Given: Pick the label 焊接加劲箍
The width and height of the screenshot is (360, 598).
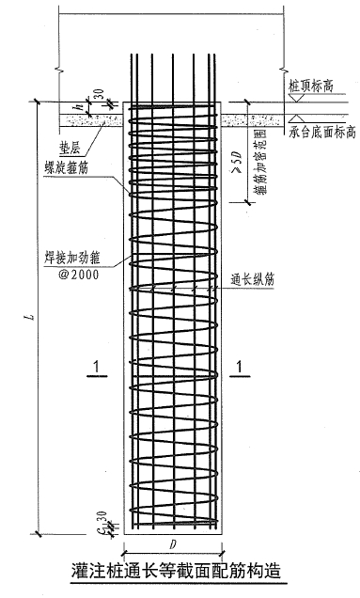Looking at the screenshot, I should (75, 255).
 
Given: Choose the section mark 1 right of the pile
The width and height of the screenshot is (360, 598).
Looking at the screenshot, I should (243, 365).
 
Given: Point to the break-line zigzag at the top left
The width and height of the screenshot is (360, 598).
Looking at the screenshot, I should (58, 69).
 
